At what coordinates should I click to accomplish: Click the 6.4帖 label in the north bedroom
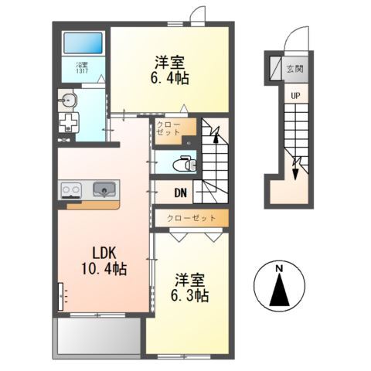pyautogui.click(x=170, y=78)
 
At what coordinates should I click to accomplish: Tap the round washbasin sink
pyautogui.click(x=69, y=100)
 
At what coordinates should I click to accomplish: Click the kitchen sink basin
pyautogui.click(x=104, y=189)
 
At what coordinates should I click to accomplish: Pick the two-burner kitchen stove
pyautogui.click(x=71, y=189)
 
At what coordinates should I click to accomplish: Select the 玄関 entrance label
pyautogui.click(x=295, y=70)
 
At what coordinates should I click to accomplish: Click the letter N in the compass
pyautogui.click(x=281, y=269)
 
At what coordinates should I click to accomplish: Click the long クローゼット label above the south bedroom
pyautogui.click(x=191, y=219)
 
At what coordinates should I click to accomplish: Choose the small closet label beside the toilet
pyautogui.click(x=167, y=128)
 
